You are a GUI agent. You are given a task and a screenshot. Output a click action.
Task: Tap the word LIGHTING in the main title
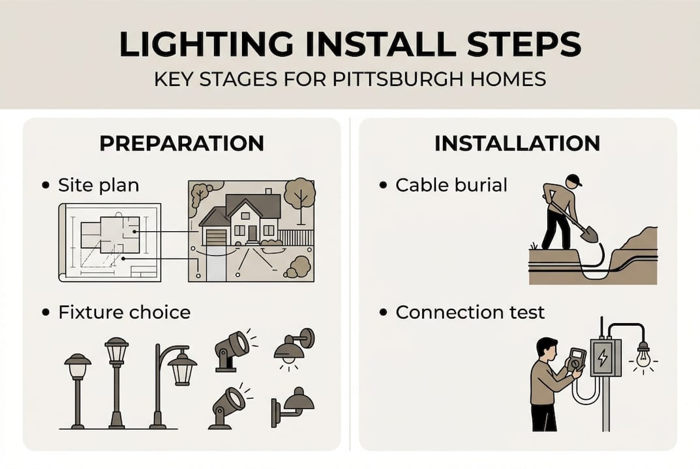205,44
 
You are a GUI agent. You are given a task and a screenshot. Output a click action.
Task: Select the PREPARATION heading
182,143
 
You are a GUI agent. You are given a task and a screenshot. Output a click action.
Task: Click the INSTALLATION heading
517,143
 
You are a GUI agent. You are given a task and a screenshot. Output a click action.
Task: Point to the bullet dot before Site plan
45,185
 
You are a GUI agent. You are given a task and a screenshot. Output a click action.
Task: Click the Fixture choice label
125,312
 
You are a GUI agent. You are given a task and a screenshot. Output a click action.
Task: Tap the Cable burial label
451,185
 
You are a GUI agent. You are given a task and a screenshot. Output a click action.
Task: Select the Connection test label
470,312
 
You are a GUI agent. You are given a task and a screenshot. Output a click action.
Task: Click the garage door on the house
216,237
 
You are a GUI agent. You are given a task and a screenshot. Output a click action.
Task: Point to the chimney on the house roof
268,192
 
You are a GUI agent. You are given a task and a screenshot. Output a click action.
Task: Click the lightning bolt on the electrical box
603,357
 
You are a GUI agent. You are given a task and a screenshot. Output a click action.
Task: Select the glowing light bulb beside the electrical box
643,357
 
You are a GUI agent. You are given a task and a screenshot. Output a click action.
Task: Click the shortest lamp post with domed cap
78,391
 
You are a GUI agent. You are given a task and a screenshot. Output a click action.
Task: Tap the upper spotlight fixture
232,350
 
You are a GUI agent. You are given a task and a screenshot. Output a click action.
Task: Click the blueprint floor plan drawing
110,242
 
